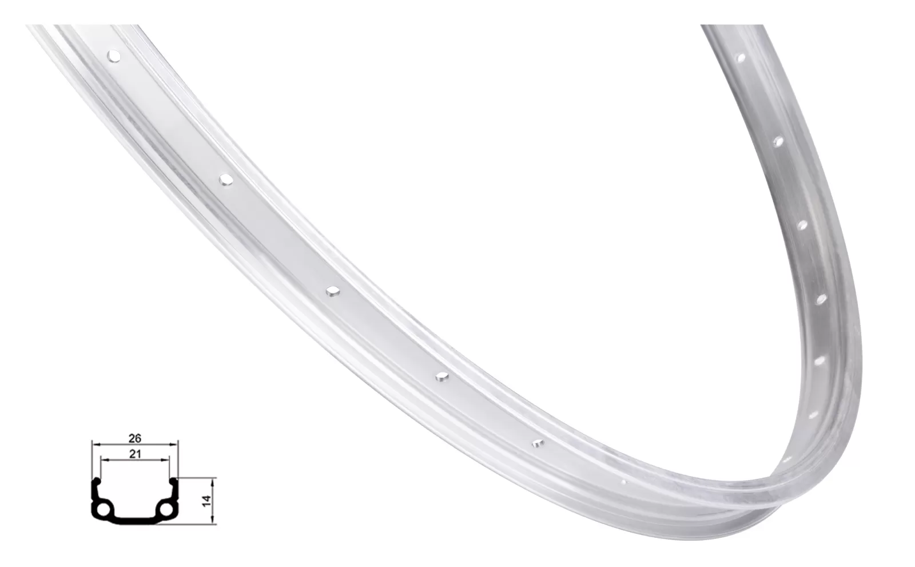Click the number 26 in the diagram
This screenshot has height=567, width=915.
coord(135,439)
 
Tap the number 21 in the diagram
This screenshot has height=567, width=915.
coord(135,453)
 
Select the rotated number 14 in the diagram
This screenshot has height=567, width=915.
coord(206,500)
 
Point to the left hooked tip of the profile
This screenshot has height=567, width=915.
coord(98,480)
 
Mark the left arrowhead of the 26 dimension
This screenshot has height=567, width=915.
coord(94,444)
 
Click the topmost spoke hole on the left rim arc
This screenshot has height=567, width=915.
coord(114,56)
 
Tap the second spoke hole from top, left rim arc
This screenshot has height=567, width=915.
coord(226,180)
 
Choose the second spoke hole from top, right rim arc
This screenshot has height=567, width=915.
coord(777,141)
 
